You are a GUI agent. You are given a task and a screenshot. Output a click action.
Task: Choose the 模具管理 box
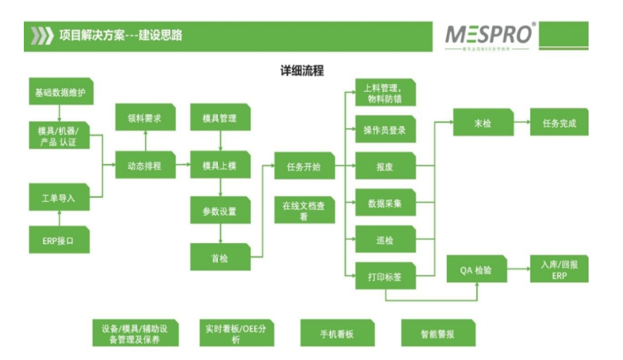point(219,119)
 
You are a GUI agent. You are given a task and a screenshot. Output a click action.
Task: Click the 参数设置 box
point(219,212)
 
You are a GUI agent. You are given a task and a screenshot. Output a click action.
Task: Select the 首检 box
point(219,257)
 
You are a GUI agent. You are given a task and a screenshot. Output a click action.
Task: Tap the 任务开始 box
point(303,167)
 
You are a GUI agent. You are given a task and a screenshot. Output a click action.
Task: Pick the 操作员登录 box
point(385,130)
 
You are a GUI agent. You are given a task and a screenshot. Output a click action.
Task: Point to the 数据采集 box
point(385,204)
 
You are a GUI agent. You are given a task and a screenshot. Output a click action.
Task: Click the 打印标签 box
point(385,277)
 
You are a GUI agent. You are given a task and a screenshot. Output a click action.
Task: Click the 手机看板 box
point(336,334)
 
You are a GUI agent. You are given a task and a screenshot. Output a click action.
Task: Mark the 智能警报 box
point(438,334)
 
